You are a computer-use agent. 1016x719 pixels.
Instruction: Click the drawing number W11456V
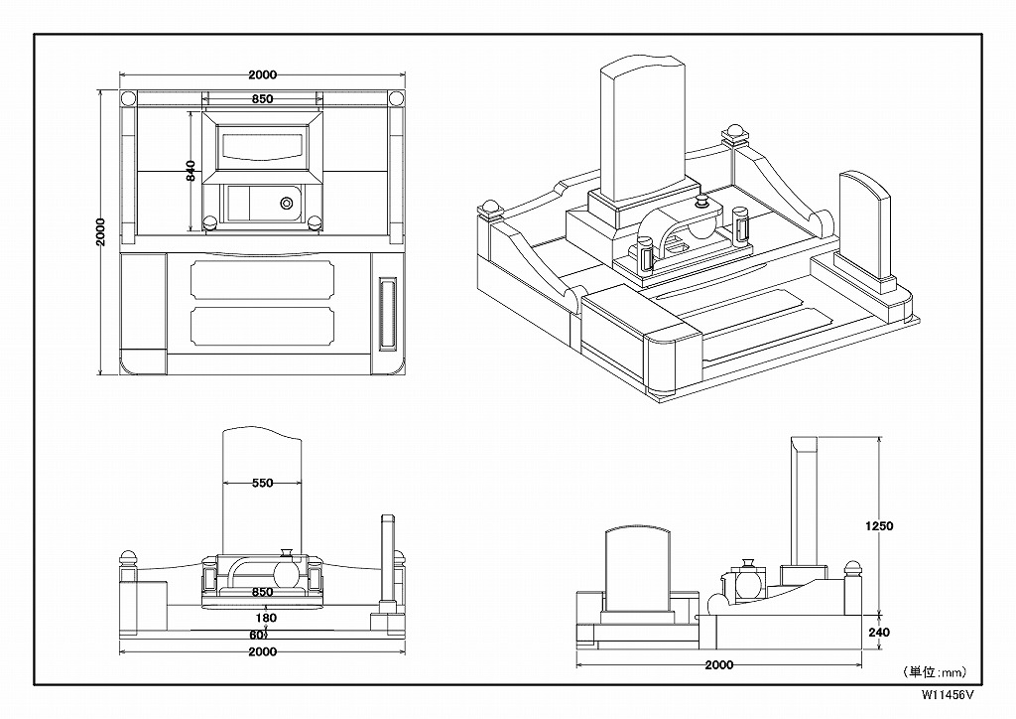(948, 695)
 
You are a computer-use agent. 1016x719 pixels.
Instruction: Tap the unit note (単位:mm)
(934, 672)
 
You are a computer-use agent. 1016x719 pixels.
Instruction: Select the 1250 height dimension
(879, 525)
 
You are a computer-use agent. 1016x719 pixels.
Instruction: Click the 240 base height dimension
(878, 633)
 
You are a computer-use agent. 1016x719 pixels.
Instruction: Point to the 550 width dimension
(262, 483)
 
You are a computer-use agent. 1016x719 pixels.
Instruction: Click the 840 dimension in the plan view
(190, 171)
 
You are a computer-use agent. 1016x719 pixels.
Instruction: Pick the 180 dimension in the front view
(266, 618)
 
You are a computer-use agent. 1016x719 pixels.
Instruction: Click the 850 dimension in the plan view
(262, 99)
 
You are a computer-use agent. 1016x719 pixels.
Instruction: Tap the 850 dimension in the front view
(262, 592)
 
